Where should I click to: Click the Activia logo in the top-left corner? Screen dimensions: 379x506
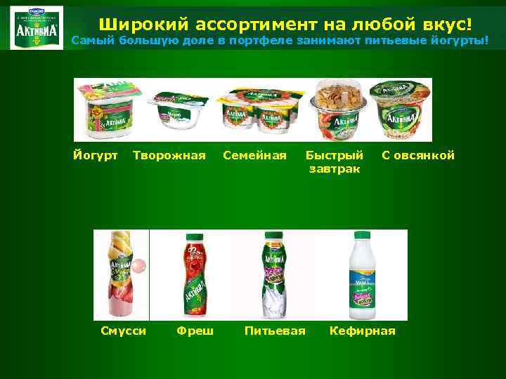pyautogui.click(x=37, y=27)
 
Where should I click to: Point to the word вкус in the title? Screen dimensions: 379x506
pyautogui.click(x=439, y=25)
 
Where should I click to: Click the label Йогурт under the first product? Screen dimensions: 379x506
pyautogui.click(x=96, y=155)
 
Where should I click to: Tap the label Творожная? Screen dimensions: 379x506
pyautogui.click(x=169, y=155)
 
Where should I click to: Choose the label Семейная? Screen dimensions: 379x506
pyautogui.click(x=254, y=155)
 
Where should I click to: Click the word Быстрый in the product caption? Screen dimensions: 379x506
pyautogui.click(x=335, y=155)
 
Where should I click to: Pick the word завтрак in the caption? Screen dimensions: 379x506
pyautogui.click(x=335, y=168)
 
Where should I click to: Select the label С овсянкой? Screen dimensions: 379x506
pyautogui.click(x=418, y=155)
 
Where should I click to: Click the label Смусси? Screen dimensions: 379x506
pyautogui.click(x=123, y=331)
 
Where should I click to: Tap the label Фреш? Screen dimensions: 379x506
pyautogui.click(x=195, y=331)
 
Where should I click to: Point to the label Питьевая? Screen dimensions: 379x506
pyautogui.click(x=275, y=331)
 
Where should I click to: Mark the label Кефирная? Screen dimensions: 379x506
pyautogui.click(x=363, y=331)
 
